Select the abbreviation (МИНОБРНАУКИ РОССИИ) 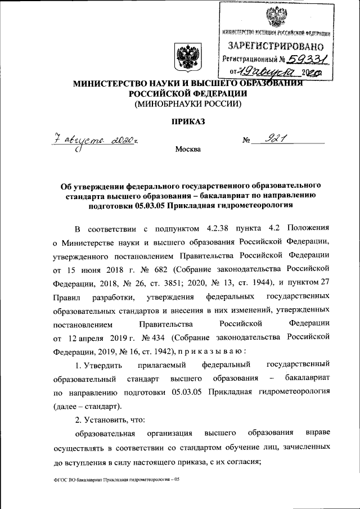pos(187,104)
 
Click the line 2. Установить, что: pos(110,420)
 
